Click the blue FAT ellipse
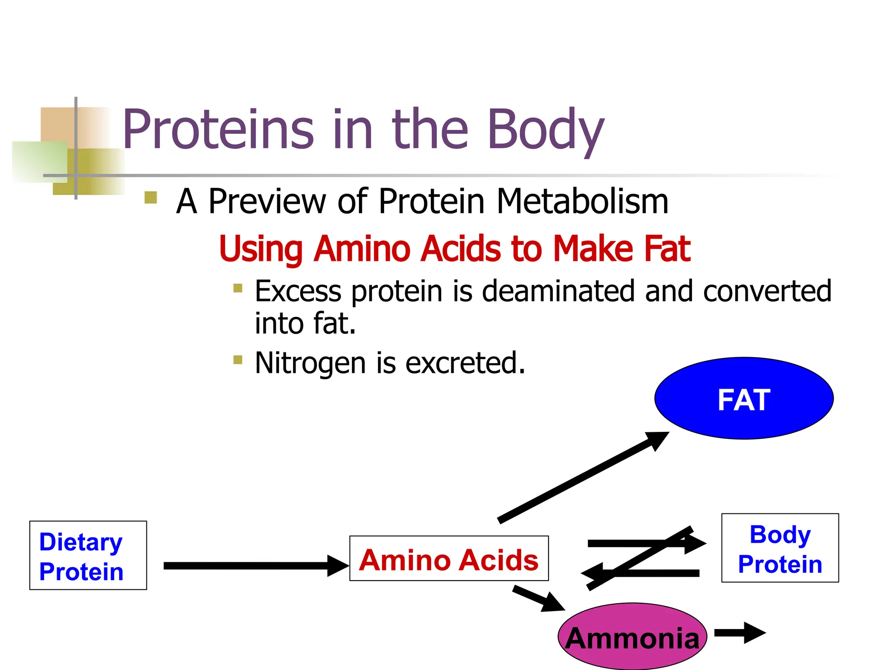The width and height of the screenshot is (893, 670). [744, 399]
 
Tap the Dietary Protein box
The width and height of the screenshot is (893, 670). [88, 555]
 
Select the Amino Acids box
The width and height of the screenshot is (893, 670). [449, 559]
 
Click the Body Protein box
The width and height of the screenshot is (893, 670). [780, 548]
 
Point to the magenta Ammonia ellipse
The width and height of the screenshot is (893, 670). [632, 637]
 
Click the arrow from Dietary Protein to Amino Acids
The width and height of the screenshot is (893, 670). [253, 566]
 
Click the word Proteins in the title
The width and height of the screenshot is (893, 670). [218, 130]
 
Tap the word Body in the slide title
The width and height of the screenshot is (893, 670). [545, 130]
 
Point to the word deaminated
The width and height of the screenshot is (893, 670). [559, 291]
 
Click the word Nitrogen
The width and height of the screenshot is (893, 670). [310, 363]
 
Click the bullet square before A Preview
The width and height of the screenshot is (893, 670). [150, 198]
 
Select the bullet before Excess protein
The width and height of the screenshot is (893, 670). [238, 288]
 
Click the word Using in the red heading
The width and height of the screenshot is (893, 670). [260, 249]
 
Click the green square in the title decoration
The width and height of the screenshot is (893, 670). [39, 161]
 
